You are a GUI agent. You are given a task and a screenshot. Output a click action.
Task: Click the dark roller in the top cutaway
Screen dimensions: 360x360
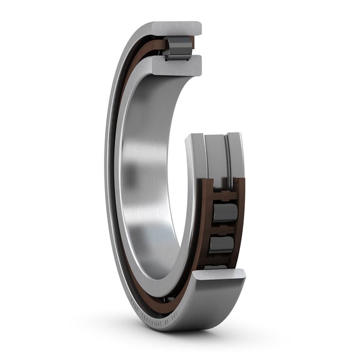[x=178, y=47]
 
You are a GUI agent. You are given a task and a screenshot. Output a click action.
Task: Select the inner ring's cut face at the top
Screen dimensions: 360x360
[x=177, y=65]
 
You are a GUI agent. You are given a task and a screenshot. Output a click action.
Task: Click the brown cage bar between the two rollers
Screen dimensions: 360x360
[x=223, y=229]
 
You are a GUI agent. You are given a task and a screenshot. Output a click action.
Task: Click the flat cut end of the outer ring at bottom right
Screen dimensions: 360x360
[x=219, y=275]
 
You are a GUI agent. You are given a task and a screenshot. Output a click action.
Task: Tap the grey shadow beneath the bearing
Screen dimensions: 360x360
[x=180, y=336]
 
